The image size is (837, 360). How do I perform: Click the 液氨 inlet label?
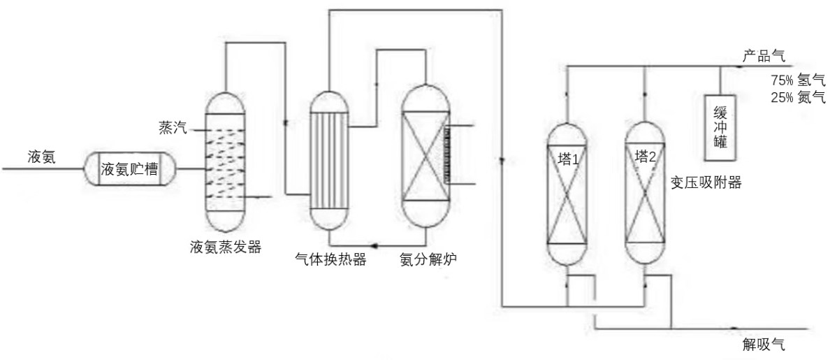(40, 157)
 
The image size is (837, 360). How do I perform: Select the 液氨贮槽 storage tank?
(129, 169)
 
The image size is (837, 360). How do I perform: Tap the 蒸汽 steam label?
(170, 129)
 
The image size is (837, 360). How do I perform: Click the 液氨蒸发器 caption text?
(226, 247)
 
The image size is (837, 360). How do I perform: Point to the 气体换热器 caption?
(332, 260)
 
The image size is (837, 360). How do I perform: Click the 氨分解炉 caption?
(429, 260)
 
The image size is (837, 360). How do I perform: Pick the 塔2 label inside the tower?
(646, 155)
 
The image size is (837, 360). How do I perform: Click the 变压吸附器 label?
(705, 184)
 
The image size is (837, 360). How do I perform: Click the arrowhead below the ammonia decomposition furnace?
(374, 245)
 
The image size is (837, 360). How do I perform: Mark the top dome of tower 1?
(566, 131)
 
